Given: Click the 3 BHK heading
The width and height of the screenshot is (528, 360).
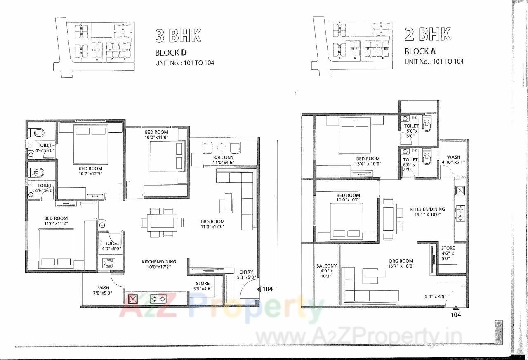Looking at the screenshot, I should pos(178,36).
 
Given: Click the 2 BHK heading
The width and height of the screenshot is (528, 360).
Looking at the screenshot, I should pos(427,34).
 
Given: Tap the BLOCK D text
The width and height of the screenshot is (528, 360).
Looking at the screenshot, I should pos(171,52).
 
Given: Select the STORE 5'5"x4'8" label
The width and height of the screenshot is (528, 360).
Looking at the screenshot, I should pos(203,286).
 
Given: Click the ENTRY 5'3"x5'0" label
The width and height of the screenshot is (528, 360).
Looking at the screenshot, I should pos(246,275).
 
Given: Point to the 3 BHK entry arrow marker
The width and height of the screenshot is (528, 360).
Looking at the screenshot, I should pos(259,289).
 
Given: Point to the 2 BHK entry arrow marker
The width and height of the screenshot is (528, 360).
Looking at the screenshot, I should pos(455,308).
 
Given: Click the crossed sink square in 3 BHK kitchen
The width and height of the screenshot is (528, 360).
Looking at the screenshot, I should pos(132,299).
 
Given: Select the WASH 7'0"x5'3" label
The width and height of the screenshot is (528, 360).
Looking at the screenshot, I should pos(102,290).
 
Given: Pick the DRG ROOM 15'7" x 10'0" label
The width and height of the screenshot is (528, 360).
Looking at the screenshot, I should pos(401,263).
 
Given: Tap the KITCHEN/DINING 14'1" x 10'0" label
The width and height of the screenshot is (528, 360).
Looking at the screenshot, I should pos(427,212).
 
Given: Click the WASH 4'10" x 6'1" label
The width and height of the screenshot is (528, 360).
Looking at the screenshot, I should pos(453,160).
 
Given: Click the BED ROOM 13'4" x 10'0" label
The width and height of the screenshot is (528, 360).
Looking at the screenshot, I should pos(368,161).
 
